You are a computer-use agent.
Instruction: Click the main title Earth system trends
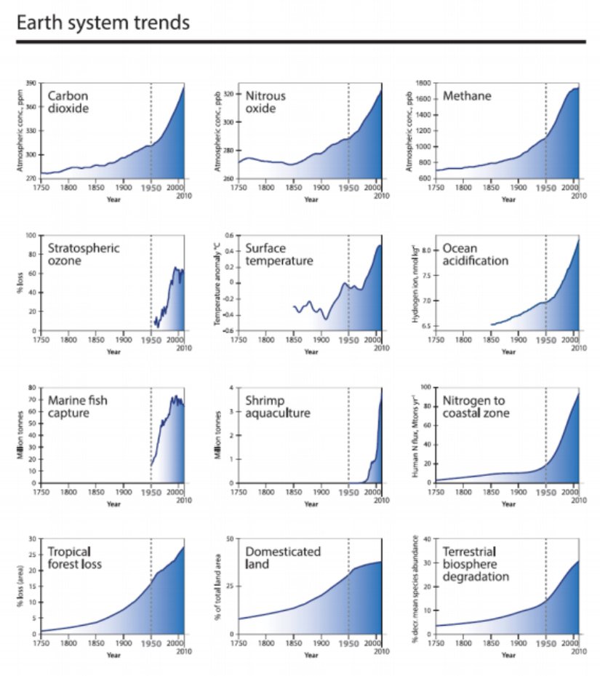coord(103,23)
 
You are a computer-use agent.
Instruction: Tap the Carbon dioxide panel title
coord(69,102)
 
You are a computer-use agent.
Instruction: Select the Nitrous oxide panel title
coord(265,102)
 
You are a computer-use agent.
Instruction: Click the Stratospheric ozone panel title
coord(84,254)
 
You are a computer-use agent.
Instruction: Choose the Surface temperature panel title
coord(279,255)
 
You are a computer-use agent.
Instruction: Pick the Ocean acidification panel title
coord(475,254)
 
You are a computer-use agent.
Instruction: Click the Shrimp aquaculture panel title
coord(279,406)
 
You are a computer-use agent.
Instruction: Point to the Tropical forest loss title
coord(75,557)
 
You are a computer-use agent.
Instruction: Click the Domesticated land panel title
coord(283,557)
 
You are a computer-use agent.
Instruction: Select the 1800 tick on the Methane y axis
coord(424,83)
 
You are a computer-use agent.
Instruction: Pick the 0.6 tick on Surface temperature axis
coord(228,235)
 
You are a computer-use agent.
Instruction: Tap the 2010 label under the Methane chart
coord(578,196)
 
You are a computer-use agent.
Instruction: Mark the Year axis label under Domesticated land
coord(311,654)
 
